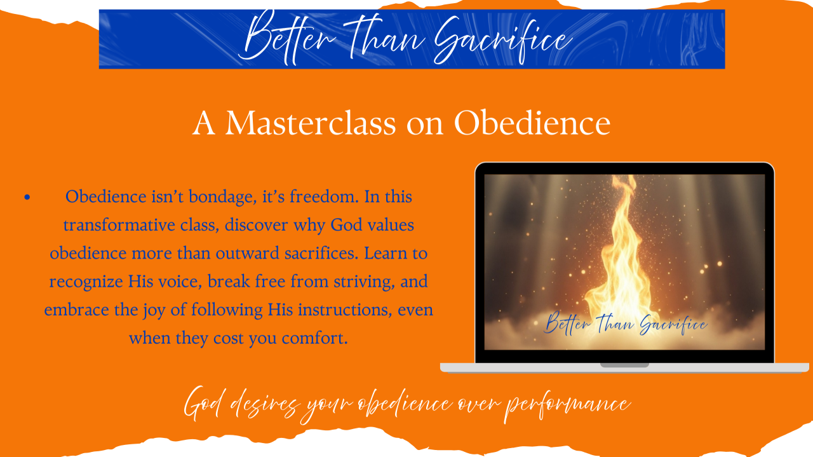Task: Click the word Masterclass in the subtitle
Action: click(311, 123)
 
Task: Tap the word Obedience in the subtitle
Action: click(532, 123)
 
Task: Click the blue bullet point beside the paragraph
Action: click(27, 197)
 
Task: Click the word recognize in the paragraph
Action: click(86, 282)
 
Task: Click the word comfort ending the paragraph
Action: click(314, 338)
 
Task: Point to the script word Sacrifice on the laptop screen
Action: click(673, 324)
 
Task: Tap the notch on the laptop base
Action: click(624, 365)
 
